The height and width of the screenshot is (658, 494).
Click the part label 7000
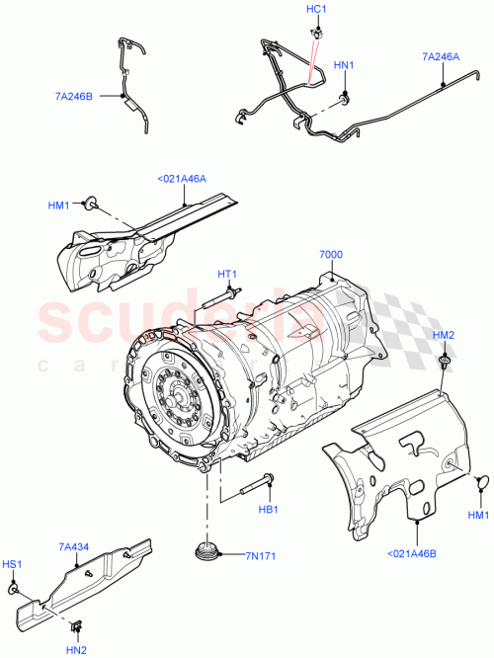coord(331,254)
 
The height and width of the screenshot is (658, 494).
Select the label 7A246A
coord(441,57)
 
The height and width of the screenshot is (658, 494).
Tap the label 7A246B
coord(74,97)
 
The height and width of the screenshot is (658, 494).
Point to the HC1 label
coord(316,8)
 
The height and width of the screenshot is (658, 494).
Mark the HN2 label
coord(75,647)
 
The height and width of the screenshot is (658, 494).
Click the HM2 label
coord(444,337)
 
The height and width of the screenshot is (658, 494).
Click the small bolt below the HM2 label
coord(444,365)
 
